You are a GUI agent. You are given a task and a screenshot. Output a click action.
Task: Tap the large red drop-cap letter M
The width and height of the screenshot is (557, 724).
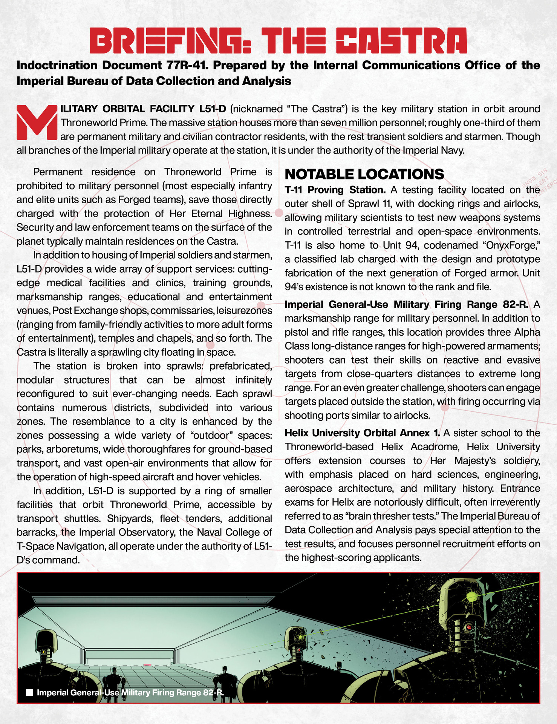(36, 122)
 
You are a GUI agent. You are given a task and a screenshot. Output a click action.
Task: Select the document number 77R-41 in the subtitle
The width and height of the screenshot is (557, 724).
(186, 65)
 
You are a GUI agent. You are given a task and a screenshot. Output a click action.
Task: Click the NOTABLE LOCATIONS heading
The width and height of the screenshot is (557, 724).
(364, 174)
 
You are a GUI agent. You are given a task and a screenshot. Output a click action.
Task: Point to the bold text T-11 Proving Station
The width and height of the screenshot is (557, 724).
(335, 190)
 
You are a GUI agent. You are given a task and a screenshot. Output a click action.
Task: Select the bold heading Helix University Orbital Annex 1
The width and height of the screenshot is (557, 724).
(362, 433)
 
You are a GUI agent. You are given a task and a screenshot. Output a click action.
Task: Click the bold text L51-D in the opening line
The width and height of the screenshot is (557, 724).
(213, 109)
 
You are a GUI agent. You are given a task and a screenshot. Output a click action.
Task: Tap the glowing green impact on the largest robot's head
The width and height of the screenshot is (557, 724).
(471, 597)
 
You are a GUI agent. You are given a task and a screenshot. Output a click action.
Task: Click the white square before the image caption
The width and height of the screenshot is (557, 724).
(29, 693)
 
